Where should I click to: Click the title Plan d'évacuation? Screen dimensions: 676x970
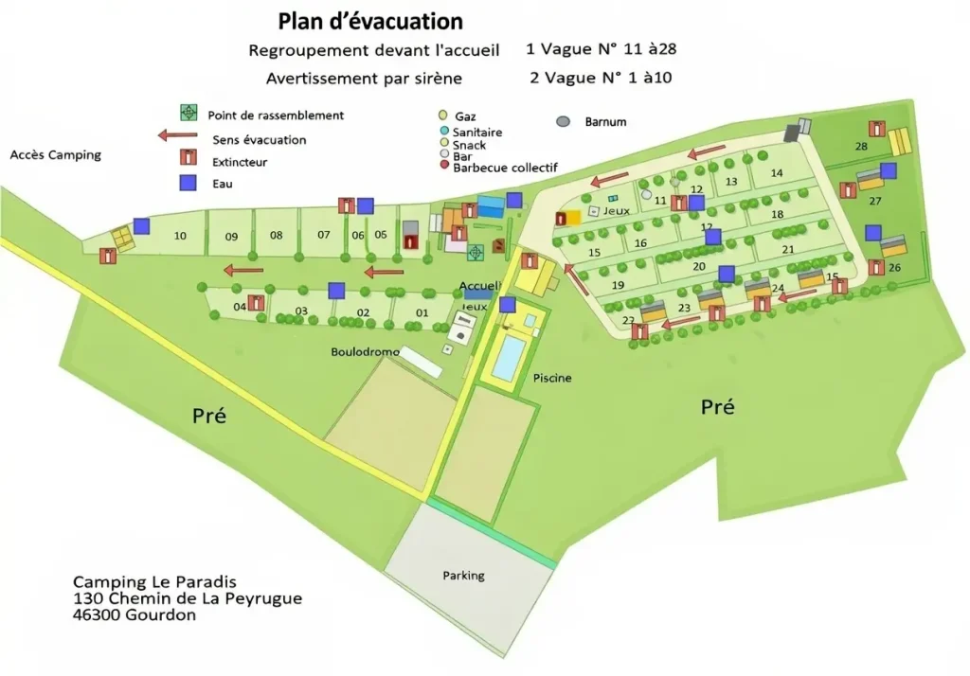(x=370, y=21)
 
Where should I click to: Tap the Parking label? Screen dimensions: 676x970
(x=463, y=575)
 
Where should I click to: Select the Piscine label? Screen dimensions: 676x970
(x=552, y=378)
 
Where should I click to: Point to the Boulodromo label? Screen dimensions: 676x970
(x=362, y=352)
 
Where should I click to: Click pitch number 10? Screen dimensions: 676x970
(x=180, y=236)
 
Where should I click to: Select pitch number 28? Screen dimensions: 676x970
(x=861, y=146)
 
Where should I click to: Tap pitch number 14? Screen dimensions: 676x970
(x=776, y=172)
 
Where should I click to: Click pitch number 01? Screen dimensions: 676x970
(x=423, y=312)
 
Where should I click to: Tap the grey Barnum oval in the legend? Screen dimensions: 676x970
(x=564, y=122)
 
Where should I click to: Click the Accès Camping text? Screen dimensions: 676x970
(x=55, y=155)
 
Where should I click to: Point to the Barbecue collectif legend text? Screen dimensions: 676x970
(x=505, y=168)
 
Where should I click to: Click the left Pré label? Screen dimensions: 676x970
(x=209, y=415)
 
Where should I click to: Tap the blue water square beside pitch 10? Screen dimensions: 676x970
(x=141, y=225)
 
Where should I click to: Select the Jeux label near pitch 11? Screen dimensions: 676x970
(x=616, y=211)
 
